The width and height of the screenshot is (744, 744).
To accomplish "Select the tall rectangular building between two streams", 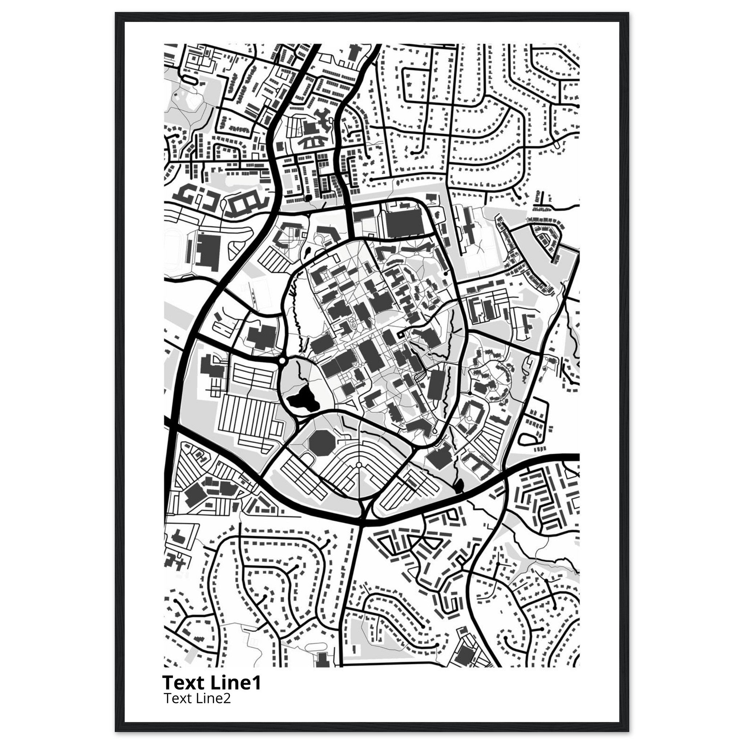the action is point(436,386).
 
